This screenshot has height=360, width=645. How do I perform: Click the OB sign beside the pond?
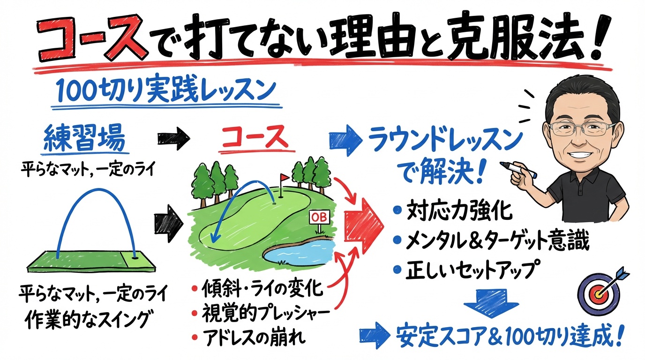coord(319,217)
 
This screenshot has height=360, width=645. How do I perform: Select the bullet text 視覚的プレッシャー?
coord(263,312)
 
